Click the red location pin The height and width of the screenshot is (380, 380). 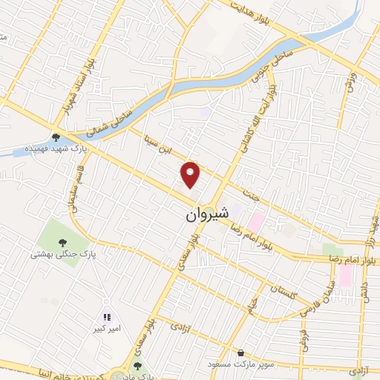coord(191,174)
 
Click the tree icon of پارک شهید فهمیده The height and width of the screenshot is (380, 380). coord(56,136)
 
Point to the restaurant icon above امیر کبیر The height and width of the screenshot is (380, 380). coord(106,317)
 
